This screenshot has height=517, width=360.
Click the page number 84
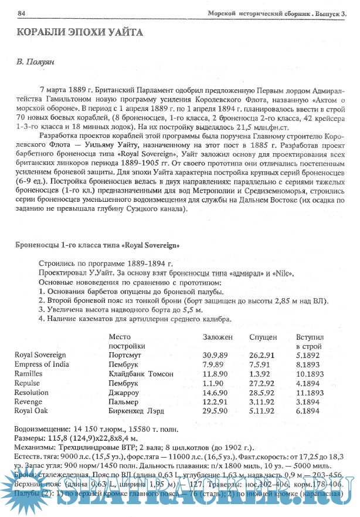click(22, 13)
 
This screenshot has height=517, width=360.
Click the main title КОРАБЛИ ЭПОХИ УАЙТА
click(79, 32)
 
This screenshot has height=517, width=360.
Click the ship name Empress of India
click(42, 364)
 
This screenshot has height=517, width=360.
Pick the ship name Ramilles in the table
click(29, 374)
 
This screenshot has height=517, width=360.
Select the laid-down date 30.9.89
click(215, 355)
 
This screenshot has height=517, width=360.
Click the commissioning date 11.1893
click(310, 393)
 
